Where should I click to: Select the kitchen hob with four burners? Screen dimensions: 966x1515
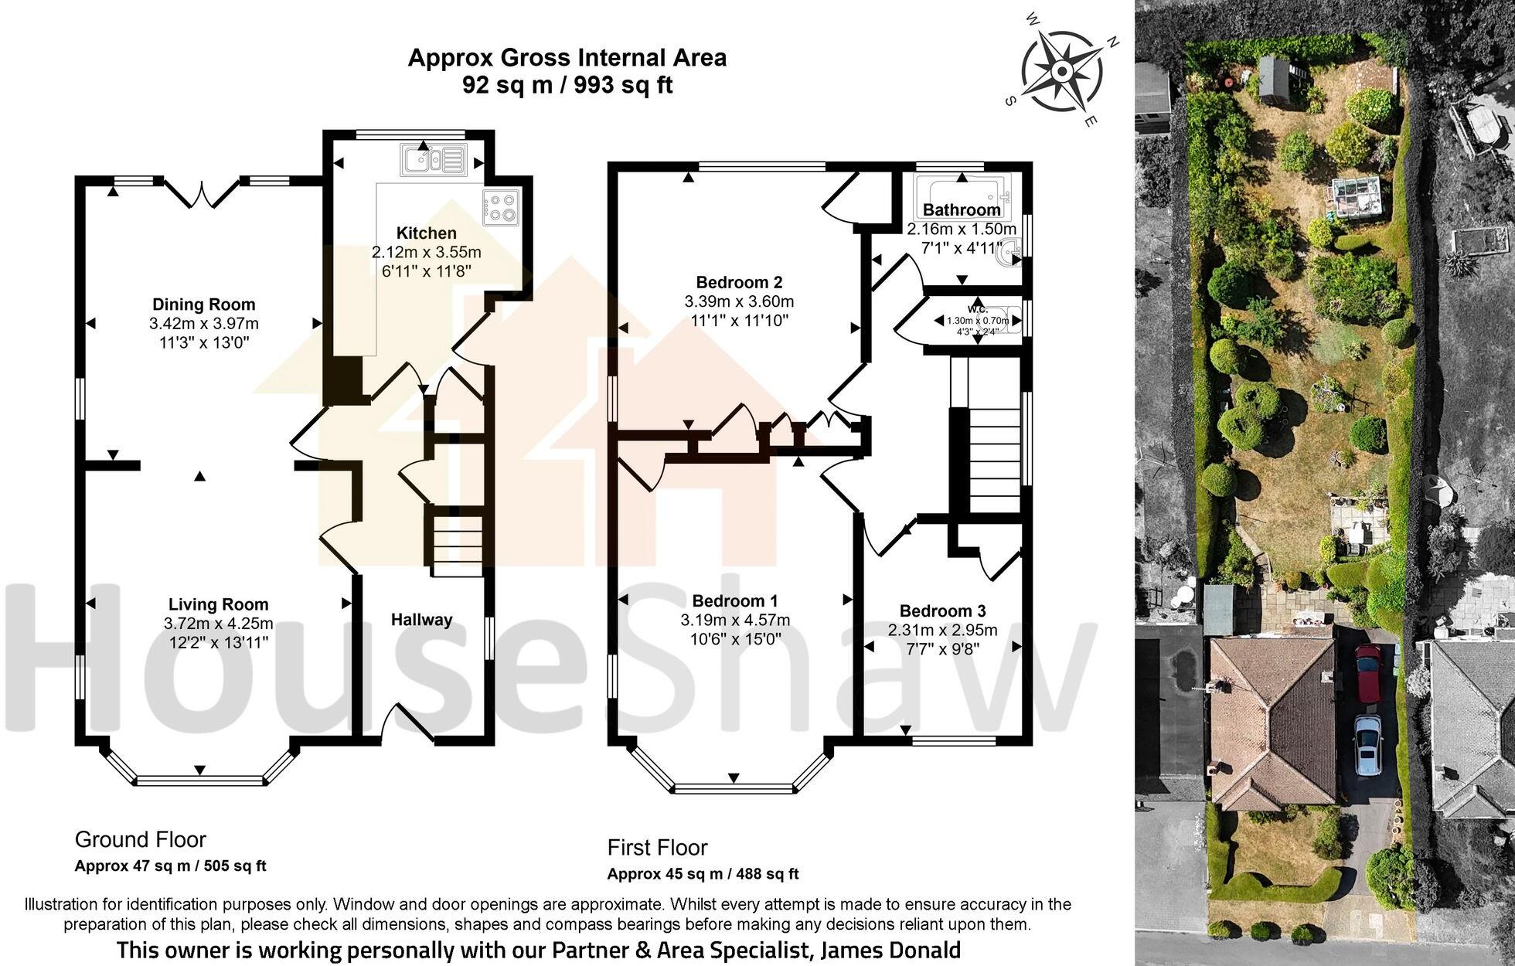tap(502, 206)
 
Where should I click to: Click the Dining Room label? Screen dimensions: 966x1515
tap(203, 304)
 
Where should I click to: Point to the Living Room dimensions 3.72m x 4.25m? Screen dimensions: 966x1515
tap(218, 624)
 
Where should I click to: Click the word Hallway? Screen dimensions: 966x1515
tap(421, 620)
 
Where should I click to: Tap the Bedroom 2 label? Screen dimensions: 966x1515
tap(738, 282)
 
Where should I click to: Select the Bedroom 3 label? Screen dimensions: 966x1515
tap(942, 611)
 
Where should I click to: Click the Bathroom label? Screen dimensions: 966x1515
tap(962, 210)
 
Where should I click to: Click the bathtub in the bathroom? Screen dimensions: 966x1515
tap(963, 191)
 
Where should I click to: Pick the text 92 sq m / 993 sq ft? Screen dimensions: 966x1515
tap(567, 84)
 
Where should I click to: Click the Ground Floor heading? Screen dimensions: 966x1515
tap(140, 839)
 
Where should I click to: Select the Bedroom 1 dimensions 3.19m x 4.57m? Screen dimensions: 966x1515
tap(734, 620)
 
